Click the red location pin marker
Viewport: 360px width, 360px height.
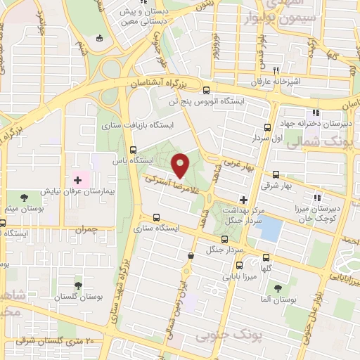[x=180, y=165]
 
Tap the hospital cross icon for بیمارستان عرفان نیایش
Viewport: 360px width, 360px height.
[x=77, y=181]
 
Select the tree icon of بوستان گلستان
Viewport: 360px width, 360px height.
[x=77, y=285]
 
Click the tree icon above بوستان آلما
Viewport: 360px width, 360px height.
[x=278, y=288]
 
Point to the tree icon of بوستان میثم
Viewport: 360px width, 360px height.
[x=25, y=198]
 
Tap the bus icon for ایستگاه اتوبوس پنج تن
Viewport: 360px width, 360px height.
[x=206, y=90]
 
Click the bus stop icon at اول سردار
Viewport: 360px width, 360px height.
[x=267, y=127]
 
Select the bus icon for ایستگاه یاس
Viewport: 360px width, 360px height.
[x=134, y=149]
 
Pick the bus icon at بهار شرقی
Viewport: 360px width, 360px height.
[x=276, y=175]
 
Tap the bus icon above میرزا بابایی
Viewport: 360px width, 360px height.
[x=239, y=265]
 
